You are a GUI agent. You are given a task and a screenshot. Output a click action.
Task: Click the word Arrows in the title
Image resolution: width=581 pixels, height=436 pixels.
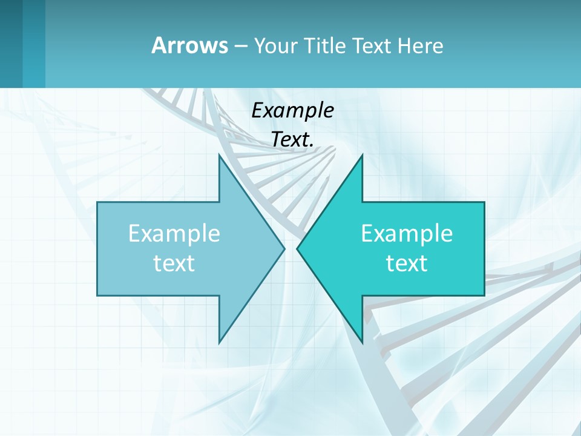(x=189, y=45)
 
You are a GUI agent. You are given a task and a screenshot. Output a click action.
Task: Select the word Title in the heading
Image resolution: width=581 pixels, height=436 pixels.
(x=325, y=45)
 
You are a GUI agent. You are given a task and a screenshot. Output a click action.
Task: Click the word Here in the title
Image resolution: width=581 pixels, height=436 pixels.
(x=420, y=45)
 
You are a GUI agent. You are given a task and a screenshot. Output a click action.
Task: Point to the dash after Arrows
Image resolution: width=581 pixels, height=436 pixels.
(x=240, y=47)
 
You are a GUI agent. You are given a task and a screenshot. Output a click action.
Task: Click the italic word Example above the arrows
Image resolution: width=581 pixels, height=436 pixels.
(x=293, y=110)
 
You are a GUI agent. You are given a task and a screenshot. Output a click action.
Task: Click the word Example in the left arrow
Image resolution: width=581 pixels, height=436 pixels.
(x=174, y=234)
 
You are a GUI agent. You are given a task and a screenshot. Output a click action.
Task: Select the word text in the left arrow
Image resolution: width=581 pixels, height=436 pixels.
(x=174, y=263)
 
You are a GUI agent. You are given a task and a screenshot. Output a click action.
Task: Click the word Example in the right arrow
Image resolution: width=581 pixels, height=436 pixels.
(x=407, y=234)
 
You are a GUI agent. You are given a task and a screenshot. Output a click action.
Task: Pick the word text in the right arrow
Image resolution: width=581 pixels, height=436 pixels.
(x=407, y=263)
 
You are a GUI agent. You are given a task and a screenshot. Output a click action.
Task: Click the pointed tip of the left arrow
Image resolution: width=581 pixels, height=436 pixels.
(x=284, y=248)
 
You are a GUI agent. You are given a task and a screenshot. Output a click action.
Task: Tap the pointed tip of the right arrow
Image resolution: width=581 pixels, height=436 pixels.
(x=298, y=248)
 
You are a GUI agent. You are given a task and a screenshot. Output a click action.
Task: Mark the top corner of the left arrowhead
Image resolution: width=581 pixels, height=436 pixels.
(x=220, y=156)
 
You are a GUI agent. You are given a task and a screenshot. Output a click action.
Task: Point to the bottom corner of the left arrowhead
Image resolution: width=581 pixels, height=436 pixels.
(x=220, y=342)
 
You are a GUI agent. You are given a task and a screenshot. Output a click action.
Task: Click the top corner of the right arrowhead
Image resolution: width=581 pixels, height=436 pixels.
(x=362, y=156)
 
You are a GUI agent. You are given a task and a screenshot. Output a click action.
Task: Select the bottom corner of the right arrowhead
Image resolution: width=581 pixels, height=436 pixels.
(x=362, y=342)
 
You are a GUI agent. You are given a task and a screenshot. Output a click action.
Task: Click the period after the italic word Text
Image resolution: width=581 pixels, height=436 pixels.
(x=312, y=146)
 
